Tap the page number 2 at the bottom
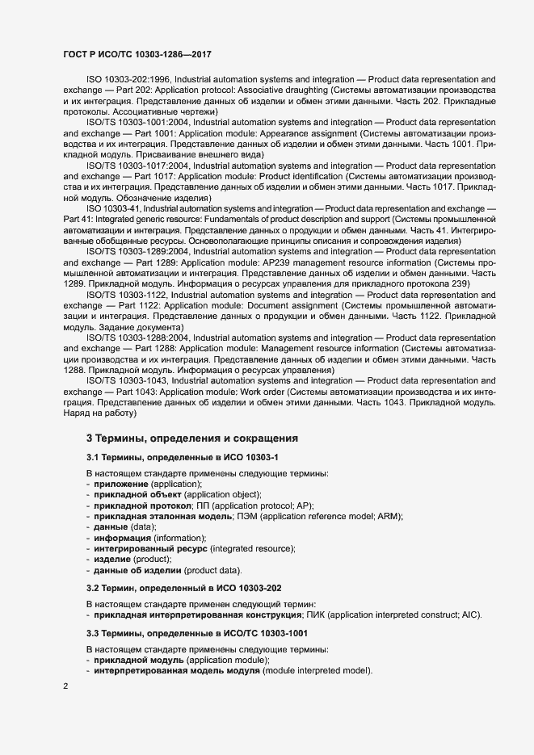(66, 686)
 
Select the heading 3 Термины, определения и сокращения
(192, 438)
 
